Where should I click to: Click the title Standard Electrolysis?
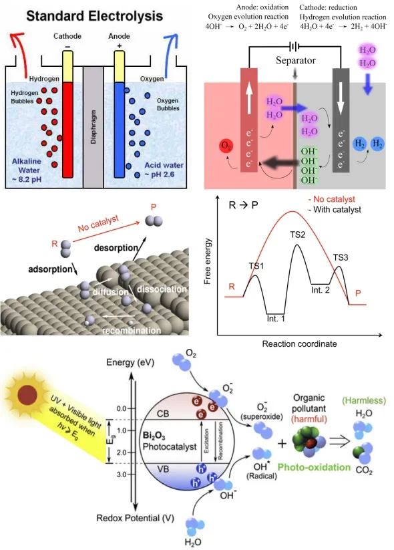click(95, 16)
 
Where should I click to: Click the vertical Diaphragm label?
click(93, 126)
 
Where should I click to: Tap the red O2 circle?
click(226, 146)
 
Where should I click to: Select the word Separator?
click(295, 60)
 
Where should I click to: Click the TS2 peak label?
click(297, 235)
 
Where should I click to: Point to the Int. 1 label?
click(276, 319)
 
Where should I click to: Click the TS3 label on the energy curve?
click(341, 258)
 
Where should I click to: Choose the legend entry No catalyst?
click(332, 199)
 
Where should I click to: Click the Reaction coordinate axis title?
click(299, 343)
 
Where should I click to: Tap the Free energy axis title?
click(208, 261)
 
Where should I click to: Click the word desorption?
click(116, 248)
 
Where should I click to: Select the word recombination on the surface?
click(132, 330)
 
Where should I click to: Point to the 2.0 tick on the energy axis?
click(122, 452)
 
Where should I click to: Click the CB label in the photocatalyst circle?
click(163, 414)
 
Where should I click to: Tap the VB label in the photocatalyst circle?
click(163, 468)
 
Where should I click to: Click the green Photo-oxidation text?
click(314, 467)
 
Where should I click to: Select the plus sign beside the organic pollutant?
click(282, 444)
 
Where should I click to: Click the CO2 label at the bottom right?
click(364, 470)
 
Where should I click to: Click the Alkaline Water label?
click(27, 170)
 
